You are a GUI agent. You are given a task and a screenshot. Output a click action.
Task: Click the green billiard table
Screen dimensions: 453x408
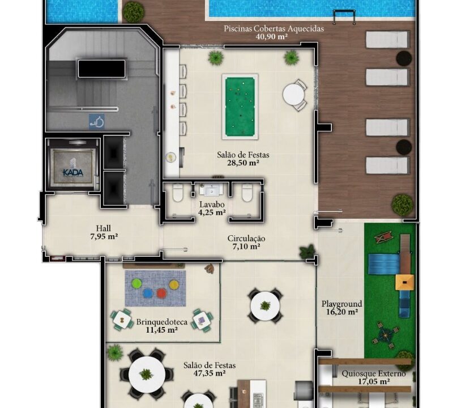pyautogui.click(x=240, y=107)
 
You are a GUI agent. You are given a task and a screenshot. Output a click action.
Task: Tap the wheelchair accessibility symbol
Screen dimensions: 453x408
pyautogui.click(x=96, y=121)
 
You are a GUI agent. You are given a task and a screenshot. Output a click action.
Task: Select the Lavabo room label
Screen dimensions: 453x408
pyautogui.click(x=212, y=205)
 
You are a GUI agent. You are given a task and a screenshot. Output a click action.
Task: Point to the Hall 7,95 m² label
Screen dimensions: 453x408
pyautogui.click(x=104, y=232)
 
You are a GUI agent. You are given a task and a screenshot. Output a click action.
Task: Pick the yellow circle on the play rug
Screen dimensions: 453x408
pyautogui.click(x=174, y=284)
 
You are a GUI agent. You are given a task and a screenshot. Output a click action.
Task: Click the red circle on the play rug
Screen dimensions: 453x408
pyautogui.click(x=161, y=293)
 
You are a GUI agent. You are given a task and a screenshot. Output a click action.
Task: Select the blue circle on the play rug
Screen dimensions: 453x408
pyautogui.click(x=148, y=293)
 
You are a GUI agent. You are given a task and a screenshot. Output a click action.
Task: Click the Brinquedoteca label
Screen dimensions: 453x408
pyautogui.click(x=162, y=322)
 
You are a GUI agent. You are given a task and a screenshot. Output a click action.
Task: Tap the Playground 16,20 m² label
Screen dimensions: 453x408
pyautogui.click(x=342, y=308)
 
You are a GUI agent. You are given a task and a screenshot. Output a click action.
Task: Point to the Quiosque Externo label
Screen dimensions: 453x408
pyautogui.click(x=374, y=373)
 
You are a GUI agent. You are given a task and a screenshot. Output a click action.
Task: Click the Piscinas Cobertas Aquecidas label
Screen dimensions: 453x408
pyautogui.click(x=273, y=29)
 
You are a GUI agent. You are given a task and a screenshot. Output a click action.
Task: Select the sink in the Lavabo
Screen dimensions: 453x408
pyautogui.click(x=212, y=190)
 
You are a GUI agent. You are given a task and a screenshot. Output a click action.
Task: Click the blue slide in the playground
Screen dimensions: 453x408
pyautogui.click(x=384, y=263)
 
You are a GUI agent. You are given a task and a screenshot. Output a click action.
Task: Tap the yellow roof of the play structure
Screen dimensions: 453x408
pyautogui.click(x=404, y=282)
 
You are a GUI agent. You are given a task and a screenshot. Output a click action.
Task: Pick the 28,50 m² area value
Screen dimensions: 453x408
pyautogui.click(x=243, y=163)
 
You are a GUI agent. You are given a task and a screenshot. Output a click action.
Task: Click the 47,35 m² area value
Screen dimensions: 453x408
pyautogui.click(x=210, y=373)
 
